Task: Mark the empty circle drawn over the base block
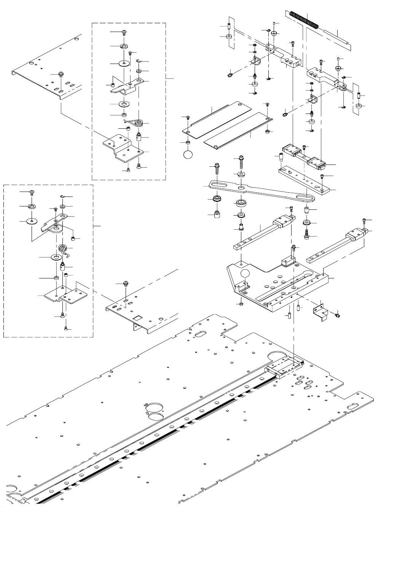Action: (x=246, y=275)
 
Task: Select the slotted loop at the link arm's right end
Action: (x=306, y=197)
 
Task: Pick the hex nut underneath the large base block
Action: (x=240, y=304)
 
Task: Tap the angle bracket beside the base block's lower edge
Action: (x=321, y=311)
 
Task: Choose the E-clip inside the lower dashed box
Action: (x=63, y=197)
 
